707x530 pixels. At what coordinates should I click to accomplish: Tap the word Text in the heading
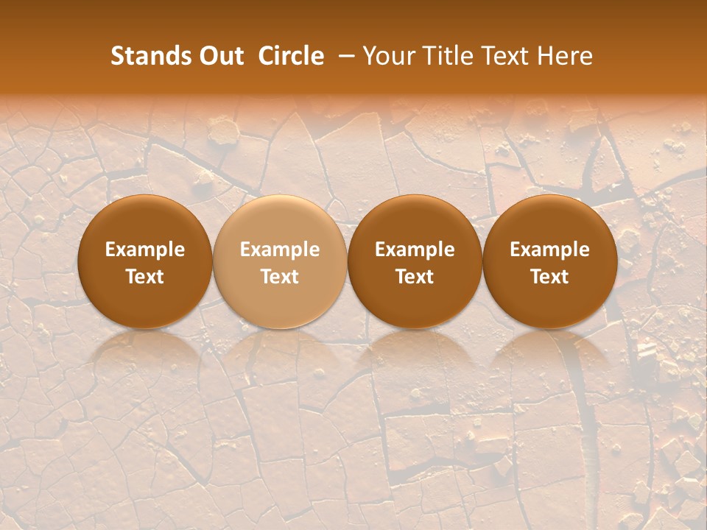[502, 56]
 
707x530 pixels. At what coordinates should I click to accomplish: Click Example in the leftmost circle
[144, 250]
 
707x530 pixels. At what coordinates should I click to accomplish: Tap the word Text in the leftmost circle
[144, 277]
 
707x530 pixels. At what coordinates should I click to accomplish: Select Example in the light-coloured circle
[280, 250]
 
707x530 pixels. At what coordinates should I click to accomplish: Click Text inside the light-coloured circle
[280, 277]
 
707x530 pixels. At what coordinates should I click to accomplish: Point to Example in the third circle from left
[415, 250]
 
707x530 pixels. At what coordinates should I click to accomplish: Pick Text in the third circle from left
[415, 277]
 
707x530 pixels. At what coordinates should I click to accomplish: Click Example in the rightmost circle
[549, 250]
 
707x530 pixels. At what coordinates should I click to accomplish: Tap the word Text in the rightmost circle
[549, 277]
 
